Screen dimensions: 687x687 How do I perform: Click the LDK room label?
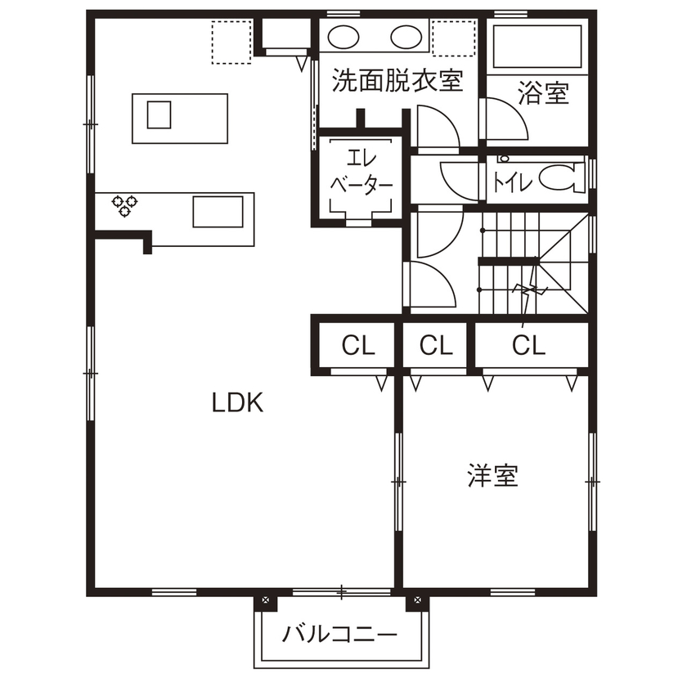(x=237, y=402)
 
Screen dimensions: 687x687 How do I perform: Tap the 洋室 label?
(x=493, y=476)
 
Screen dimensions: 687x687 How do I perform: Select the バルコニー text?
(x=340, y=635)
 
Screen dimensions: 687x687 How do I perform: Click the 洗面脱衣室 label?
(x=397, y=80)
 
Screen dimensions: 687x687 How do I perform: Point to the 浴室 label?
(x=543, y=93)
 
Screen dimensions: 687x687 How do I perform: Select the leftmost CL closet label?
(x=358, y=346)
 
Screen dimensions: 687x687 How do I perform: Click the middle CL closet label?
(x=436, y=346)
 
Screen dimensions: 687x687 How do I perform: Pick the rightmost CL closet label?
(x=528, y=346)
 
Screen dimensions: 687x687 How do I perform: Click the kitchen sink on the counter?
(x=218, y=211)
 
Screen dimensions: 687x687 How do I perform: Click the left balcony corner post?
(x=265, y=601)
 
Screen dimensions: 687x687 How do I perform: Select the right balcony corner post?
(x=417, y=601)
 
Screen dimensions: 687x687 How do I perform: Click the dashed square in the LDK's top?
(x=231, y=40)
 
